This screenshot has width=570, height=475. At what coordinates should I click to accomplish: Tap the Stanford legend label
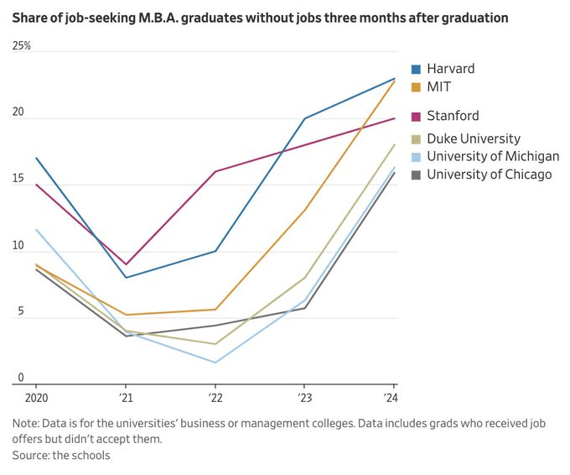453,116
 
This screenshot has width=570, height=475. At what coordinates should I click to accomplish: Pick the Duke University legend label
473,138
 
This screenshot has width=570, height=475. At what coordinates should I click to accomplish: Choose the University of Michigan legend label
493,156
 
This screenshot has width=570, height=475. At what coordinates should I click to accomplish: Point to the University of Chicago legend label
490,174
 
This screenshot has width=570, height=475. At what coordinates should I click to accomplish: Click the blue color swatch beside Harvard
417,69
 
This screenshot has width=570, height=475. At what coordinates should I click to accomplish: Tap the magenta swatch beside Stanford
417,116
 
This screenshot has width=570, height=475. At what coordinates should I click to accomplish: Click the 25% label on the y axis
22,46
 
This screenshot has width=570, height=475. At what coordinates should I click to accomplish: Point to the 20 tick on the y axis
18,112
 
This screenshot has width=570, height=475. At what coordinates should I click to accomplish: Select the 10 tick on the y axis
18,245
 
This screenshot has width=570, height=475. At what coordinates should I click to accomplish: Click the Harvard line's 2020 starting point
36,158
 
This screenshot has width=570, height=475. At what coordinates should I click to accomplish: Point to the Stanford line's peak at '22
215,171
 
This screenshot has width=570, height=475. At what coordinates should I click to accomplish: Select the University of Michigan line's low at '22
215,363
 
